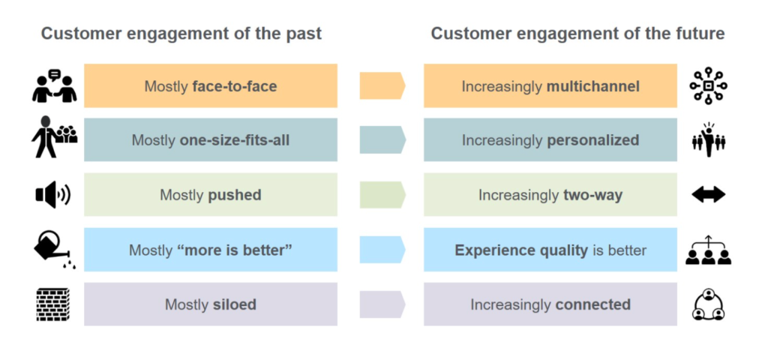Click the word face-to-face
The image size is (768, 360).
[x=235, y=87]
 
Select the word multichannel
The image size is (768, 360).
[x=593, y=87]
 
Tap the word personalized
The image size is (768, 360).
[x=592, y=140]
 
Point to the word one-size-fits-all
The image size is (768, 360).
[x=235, y=140]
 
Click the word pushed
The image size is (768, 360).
[x=235, y=196]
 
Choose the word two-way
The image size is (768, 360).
[x=592, y=196]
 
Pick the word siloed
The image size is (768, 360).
[x=235, y=304]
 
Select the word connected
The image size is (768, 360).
[x=592, y=304]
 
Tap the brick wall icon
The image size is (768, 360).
[x=53, y=304]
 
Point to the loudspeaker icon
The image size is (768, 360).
[x=53, y=195]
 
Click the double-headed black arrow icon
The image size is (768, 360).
[x=708, y=195]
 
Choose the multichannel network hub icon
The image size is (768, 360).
[x=708, y=86]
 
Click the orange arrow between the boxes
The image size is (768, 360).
[x=382, y=85]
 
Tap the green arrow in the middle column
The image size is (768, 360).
[x=382, y=195]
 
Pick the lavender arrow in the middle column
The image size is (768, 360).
[x=382, y=304]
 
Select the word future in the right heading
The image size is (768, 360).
[x=698, y=34]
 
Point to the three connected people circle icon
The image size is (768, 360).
[x=708, y=304]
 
